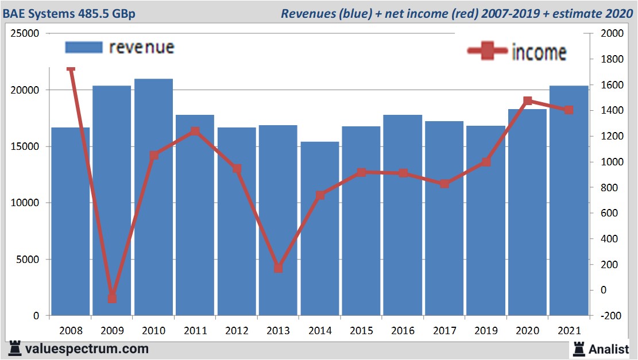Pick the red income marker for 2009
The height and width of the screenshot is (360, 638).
(x=112, y=298)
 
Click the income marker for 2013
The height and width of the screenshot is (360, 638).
(x=279, y=268)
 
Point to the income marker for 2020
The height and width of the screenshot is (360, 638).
(x=528, y=101)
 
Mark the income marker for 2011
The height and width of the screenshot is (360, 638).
(x=195, y=131)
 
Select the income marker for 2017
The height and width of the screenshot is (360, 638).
(x=444, y=184)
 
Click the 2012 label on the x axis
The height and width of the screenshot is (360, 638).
(x=237, y=331)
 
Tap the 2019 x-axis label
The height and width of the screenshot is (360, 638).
(x=486, y=331)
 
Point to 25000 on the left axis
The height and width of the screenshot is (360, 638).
(x=25, y=34)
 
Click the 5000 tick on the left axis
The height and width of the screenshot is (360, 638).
(x=28, y=260)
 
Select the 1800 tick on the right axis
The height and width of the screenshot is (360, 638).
(x=612, y=59)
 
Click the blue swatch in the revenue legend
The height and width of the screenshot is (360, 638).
(x=84, y=47)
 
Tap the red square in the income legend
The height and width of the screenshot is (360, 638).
(x=487, y=51)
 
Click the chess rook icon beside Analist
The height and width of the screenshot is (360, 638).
(x=578, y=348)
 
